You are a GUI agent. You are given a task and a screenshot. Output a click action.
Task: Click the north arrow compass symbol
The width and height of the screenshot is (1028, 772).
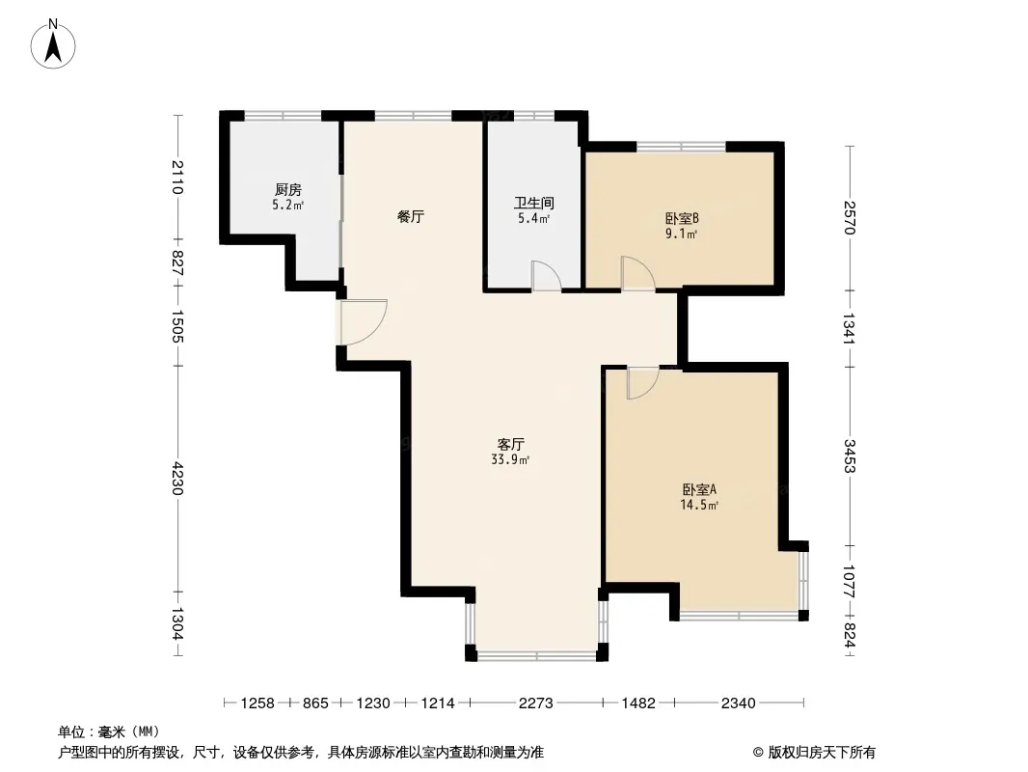(x=53, y=44)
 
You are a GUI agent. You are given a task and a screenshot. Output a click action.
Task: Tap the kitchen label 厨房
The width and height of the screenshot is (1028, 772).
(x=287, y=189)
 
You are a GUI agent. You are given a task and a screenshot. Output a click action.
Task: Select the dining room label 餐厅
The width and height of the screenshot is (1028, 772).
(x=411, y=216)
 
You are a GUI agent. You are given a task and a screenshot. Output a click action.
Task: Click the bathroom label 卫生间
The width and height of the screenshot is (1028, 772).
(x=533, y=204)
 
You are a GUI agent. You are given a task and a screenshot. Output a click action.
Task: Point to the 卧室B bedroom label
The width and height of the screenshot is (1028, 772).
(x=682, y=218)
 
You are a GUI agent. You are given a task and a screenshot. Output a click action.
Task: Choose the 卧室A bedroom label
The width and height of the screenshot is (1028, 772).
(x=699, y=489)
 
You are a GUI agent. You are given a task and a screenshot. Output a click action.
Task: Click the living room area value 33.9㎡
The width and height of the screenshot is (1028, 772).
(x=510, y=459)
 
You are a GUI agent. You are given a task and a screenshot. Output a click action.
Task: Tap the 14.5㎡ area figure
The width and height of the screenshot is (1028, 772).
(x=699, y=505)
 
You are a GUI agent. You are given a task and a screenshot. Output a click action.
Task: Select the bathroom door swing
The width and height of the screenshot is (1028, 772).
(x=546, y=275)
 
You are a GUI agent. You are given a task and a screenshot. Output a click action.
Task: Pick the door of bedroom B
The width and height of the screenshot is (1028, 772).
(x=637, y=273)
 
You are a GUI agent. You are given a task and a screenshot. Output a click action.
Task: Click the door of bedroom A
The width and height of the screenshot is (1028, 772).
(x=642, y=384)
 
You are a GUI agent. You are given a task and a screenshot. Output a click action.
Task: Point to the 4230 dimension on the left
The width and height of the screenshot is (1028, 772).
(x=177, y=479)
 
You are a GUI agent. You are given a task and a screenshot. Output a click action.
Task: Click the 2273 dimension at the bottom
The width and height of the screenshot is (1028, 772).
(x=535, y=703)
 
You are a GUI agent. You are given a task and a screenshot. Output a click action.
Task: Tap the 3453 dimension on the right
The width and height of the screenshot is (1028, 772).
(x=850, y=455)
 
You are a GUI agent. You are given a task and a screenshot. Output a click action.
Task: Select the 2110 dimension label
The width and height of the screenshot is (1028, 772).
(x=177, y=178)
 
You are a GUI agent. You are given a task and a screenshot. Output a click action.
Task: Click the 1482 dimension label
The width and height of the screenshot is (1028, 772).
(x=637, y=703)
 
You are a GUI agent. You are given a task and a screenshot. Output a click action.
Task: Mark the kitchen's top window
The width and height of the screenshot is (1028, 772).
(x=283, y=116)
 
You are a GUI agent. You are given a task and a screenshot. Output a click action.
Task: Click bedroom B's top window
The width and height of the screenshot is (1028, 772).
(x=682, y=147)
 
